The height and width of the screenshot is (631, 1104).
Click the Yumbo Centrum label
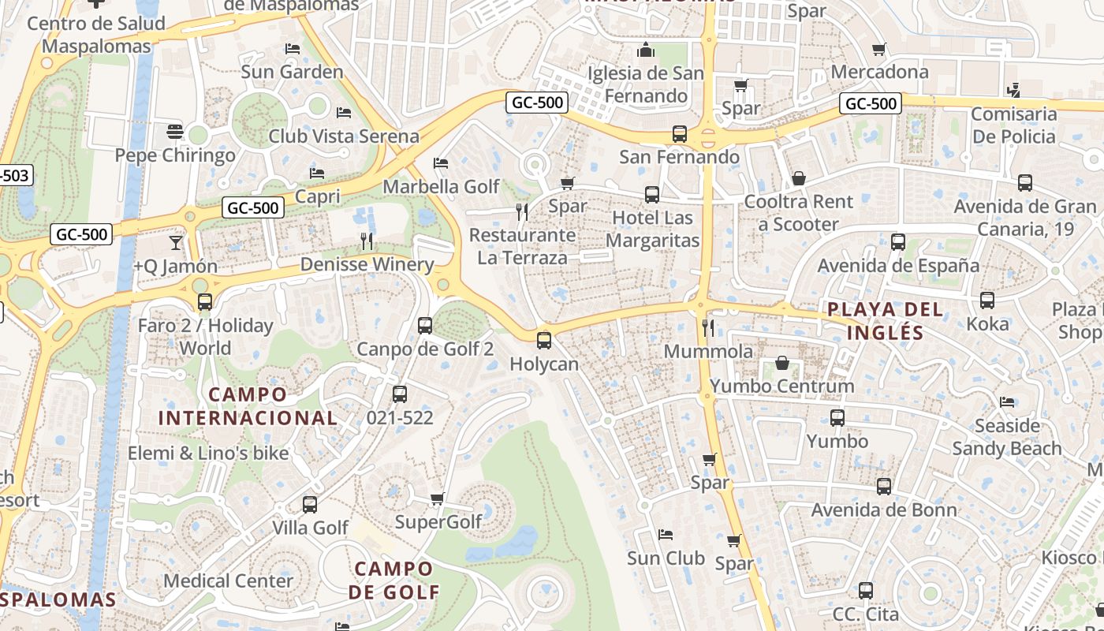(x=782, y=386)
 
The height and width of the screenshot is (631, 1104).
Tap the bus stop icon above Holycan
(x=543, y=341)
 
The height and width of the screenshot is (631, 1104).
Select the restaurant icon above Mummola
(x=708, y=327)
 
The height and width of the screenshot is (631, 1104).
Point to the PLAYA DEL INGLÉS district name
(x=886, y=320)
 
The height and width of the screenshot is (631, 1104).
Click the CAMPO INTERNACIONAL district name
(x=248, y=405)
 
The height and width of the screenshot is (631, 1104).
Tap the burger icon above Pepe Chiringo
(x=175, y=131)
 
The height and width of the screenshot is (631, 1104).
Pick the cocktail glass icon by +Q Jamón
(x=175, y=242)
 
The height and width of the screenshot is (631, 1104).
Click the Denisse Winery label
(x=367, y=264)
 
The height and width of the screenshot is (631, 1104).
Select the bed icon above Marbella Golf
(x=441, y=163)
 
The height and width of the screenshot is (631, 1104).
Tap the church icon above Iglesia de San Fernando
(x=646, y=50)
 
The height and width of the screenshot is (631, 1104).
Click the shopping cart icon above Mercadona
(x=879, y=49)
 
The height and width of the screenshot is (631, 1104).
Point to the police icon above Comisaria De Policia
(x=1013, y=90)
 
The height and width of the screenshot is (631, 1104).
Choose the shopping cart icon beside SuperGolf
(x=437, y=498)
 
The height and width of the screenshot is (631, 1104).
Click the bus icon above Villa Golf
(x=310, y=504)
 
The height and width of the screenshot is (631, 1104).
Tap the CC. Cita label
(x=866, y=614)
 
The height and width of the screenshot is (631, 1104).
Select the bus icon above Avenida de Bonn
(x=884, y=487)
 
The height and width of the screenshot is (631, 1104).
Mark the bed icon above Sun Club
(x=666, y=535)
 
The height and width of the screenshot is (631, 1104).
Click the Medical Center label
(x=229, y=581)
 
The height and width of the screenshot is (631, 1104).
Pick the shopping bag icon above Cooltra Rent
(x=799, y=178)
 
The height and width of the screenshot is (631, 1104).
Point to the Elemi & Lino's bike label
(x=208, y=453)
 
